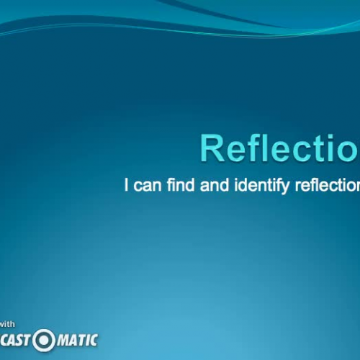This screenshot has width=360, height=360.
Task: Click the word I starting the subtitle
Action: [127, 185]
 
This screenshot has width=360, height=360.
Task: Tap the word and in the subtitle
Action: [213, 185]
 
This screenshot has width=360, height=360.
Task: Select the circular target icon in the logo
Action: [45, 339]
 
